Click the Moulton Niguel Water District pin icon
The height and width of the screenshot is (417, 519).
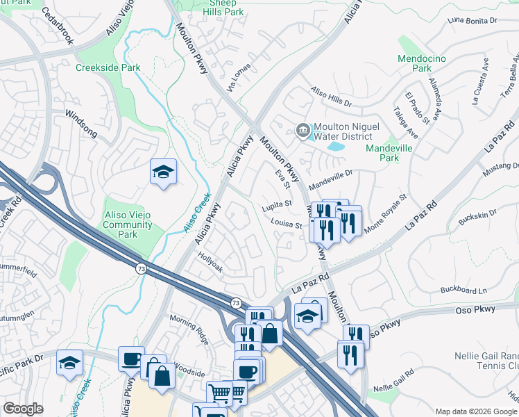[x=303, y=131]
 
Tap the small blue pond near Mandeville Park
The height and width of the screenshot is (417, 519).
[x=336, y=147]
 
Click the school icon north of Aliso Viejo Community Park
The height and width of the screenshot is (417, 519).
[x=163, y=172]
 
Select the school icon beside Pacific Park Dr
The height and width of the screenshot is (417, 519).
[x=69, y=362]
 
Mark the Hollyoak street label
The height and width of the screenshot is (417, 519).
[x=210, y=265]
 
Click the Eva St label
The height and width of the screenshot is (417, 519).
[x=281, y=179]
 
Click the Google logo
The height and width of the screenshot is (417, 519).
[x=23, y=409]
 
